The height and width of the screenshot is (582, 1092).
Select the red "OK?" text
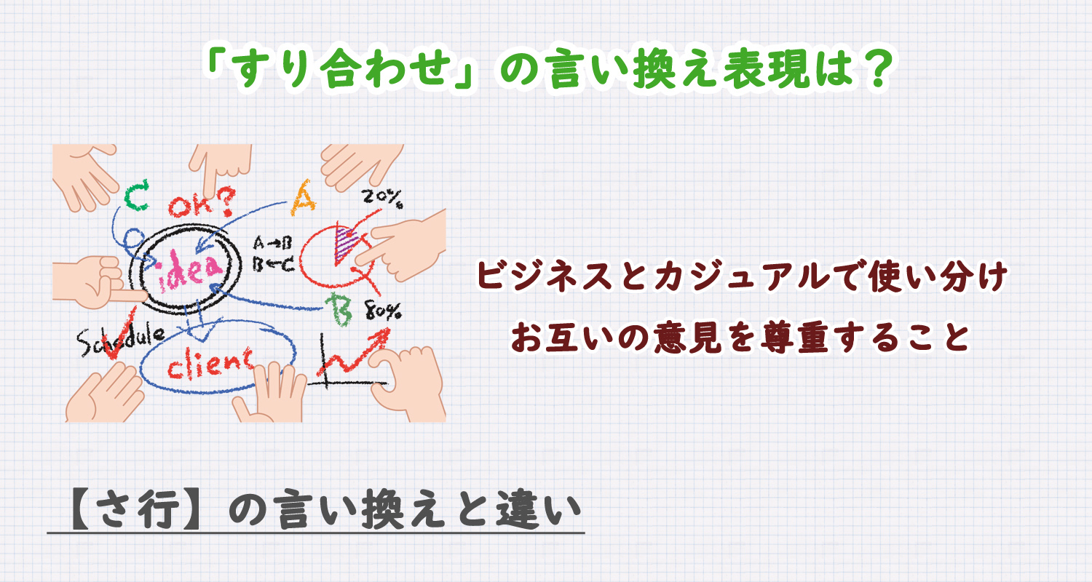[202, 204]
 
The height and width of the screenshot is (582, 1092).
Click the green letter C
[136, 196]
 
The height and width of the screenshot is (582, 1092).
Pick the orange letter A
[304, 197]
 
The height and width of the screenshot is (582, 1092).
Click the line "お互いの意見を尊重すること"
[740, 335]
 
